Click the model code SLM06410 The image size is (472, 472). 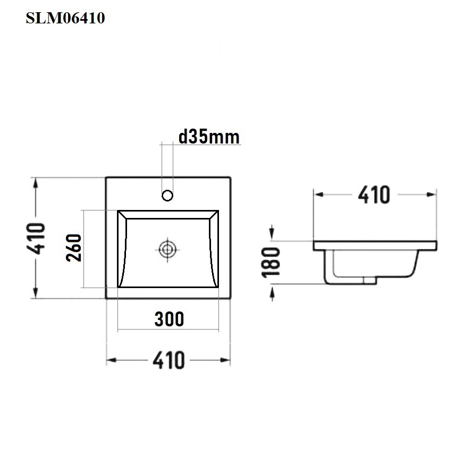click(65, 18)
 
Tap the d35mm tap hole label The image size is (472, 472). click(209, 137)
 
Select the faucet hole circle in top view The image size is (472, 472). click(167, 196)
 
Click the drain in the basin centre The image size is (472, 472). click(167, 249)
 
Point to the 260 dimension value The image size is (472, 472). click(74, 248)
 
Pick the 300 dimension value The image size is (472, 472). click(169, 319)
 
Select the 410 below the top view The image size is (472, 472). click(168, 360)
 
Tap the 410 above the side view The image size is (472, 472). click(374, 195)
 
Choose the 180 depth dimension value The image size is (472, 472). click(271, 262)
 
